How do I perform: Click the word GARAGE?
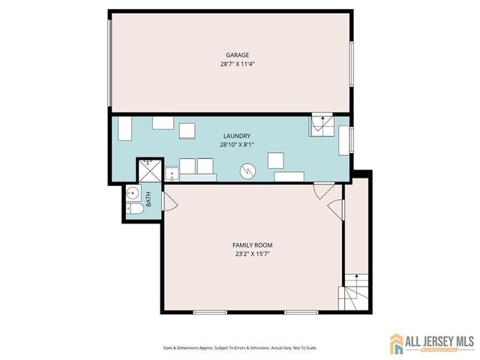point(238,55)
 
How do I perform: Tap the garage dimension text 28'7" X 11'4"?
point(238,64)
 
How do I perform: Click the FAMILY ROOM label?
point(252,245)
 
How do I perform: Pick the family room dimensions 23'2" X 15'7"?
point(252,254)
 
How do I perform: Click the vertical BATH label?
point(148,200)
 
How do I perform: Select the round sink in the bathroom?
point(132,191)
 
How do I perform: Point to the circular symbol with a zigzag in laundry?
point(247,172)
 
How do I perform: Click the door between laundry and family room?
point(323,191)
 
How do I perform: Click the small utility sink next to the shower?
point(171,175)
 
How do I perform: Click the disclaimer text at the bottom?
point(239,348)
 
